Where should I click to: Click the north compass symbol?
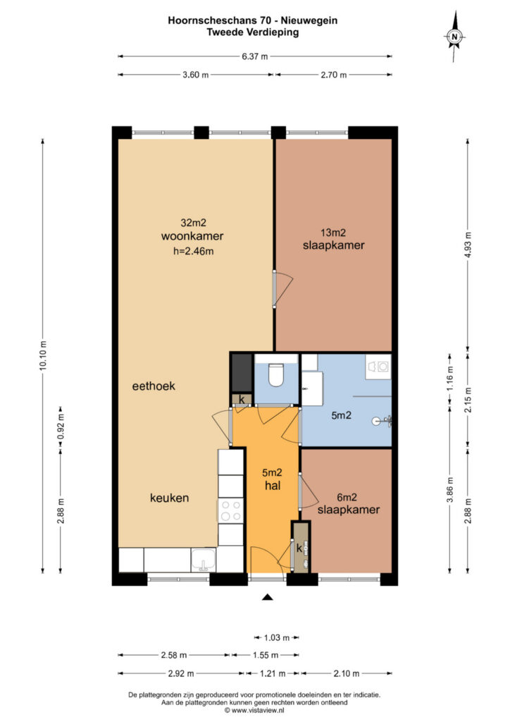coord(454,37)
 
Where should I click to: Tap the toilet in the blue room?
coord(276,375)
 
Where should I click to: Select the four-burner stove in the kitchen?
coord(230,510)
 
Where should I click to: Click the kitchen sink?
coord(204,560)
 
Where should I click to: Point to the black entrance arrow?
coord(267,597)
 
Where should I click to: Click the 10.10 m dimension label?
coord(43,355)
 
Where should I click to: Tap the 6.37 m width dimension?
coord(255,56)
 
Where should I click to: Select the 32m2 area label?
coord(193,223)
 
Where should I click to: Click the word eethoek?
coord(154,386)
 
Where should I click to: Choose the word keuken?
coord(169,498)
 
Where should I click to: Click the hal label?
coord(272,485)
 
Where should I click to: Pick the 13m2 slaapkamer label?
coord(333,239)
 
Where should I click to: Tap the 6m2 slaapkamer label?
coord(348,503)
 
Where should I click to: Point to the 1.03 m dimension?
coord(276,637)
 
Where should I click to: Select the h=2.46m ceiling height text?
coord(193,252)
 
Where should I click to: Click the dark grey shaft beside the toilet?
coord(242,372)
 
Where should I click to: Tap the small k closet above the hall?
coord(242,400)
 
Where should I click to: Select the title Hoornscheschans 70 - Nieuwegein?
coord(252,20)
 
